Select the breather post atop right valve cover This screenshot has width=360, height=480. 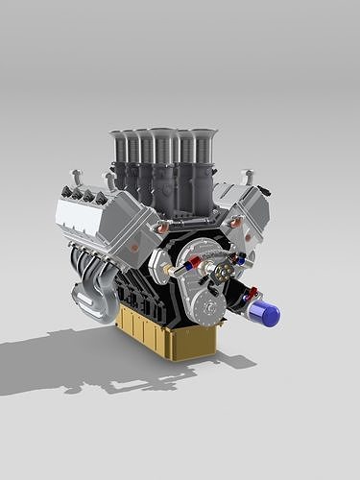248,177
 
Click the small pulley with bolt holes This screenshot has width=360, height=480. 223,274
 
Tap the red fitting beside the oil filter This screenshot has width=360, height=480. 252,294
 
